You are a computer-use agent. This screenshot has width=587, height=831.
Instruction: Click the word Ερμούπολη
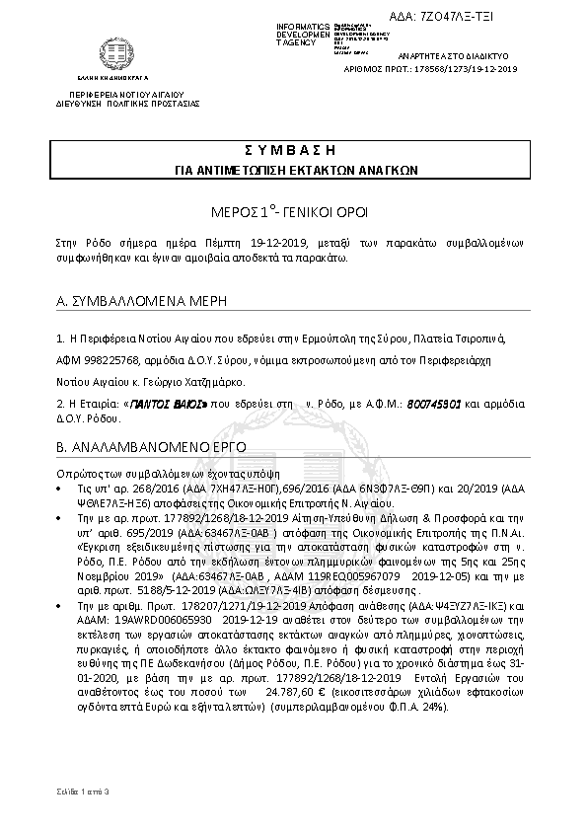270,338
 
